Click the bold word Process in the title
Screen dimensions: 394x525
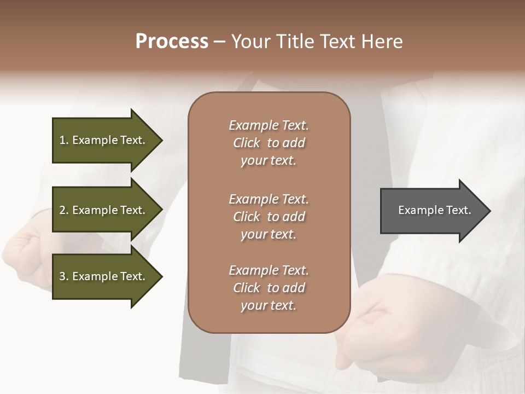[x=172, y=42]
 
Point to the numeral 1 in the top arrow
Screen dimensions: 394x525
[x=62, y=140]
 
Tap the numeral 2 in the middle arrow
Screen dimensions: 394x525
[x=62, y=210]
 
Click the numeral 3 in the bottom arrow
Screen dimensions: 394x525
[x=62, y=276]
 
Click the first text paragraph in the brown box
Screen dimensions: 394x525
[x=269, y=143]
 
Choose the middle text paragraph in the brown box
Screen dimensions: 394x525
[x=269, y=216]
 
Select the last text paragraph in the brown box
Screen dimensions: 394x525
[x=269, y=288]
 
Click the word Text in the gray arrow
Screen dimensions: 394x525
[x=458, y=210]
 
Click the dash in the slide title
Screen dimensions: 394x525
[x=219, y=42]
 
